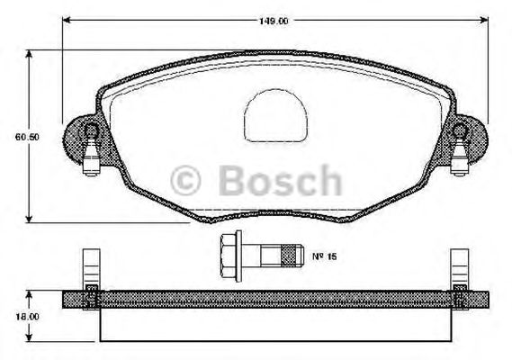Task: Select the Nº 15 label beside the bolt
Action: [x=323, y=256]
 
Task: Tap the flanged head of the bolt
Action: [x=230, y=256]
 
